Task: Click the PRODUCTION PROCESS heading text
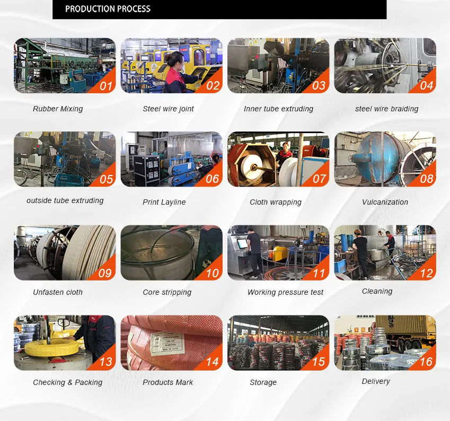click(x=108, y=9)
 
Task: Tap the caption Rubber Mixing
click(x=58, y=109)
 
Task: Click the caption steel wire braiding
click(x=386, y=109)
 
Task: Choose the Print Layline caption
click(x=164, y=202)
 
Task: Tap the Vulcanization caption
click(x=385, y=202)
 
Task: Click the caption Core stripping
click(x=167, y=292)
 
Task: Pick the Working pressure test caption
click(x=285, y=292)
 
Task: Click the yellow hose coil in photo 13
click(x=51, y=347)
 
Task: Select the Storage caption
click(x=263, y=382)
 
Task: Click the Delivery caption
click(x=376, y=381)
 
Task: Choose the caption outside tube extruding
click(x=65, y=200)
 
